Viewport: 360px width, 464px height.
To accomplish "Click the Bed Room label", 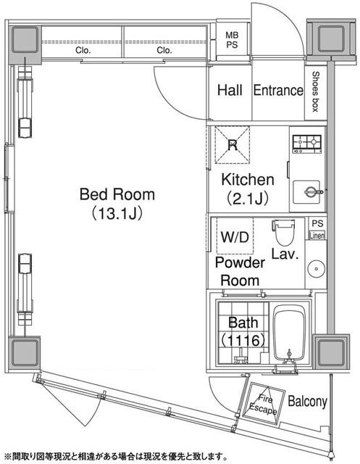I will (117, 194).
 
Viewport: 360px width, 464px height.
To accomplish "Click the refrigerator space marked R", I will (233, 144).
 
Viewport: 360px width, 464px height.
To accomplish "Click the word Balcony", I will (308, 402).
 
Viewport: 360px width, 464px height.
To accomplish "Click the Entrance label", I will (277, 91).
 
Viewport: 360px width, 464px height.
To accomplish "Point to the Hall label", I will (230, 91).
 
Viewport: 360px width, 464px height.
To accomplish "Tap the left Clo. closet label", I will (83, 51).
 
